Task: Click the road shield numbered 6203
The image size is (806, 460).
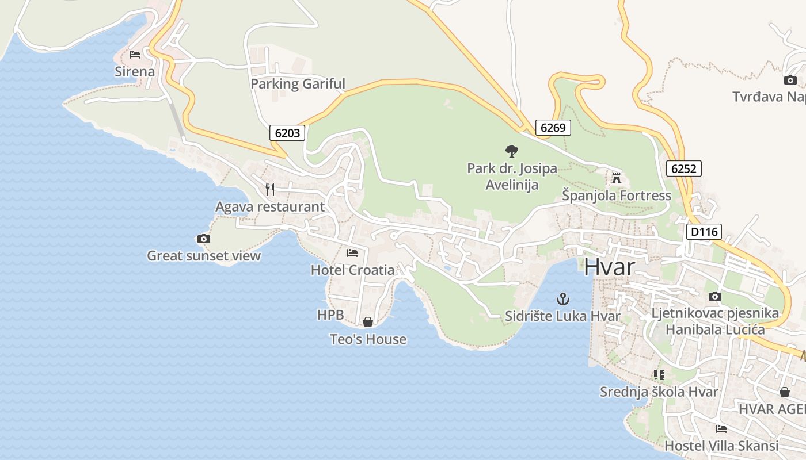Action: tap(287, 133)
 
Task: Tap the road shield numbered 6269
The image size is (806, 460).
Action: tap(553, 127)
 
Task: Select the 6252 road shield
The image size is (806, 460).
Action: tap(684, 168)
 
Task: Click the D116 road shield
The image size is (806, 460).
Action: tap(704, 232)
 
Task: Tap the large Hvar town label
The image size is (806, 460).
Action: tap(610, 267)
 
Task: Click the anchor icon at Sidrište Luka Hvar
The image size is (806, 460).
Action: tap(562, 299)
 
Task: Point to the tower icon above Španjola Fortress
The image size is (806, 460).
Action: tap(617, 178)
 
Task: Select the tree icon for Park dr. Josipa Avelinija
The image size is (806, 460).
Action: tap(511, 151)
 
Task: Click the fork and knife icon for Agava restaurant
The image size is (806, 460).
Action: tap(269, 189)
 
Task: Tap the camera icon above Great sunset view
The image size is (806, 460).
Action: tap(203, 239)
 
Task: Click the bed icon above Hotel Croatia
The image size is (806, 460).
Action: tap(352, 252)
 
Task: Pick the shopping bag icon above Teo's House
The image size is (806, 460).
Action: tap(368, 322)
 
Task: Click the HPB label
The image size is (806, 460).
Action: tap(330, 315)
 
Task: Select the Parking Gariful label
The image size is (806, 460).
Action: tap(298, 84)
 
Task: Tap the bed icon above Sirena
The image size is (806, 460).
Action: tap(135, 55)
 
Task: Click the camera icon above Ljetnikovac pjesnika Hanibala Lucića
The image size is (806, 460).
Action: tap(715, 296)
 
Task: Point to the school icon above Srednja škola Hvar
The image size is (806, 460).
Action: tap(659, 375)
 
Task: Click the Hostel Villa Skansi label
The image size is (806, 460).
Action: tap(721, 446)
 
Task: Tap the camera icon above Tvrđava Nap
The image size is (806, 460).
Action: tap(790, 80)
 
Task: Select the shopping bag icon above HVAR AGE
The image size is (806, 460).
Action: tap(785, 392)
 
